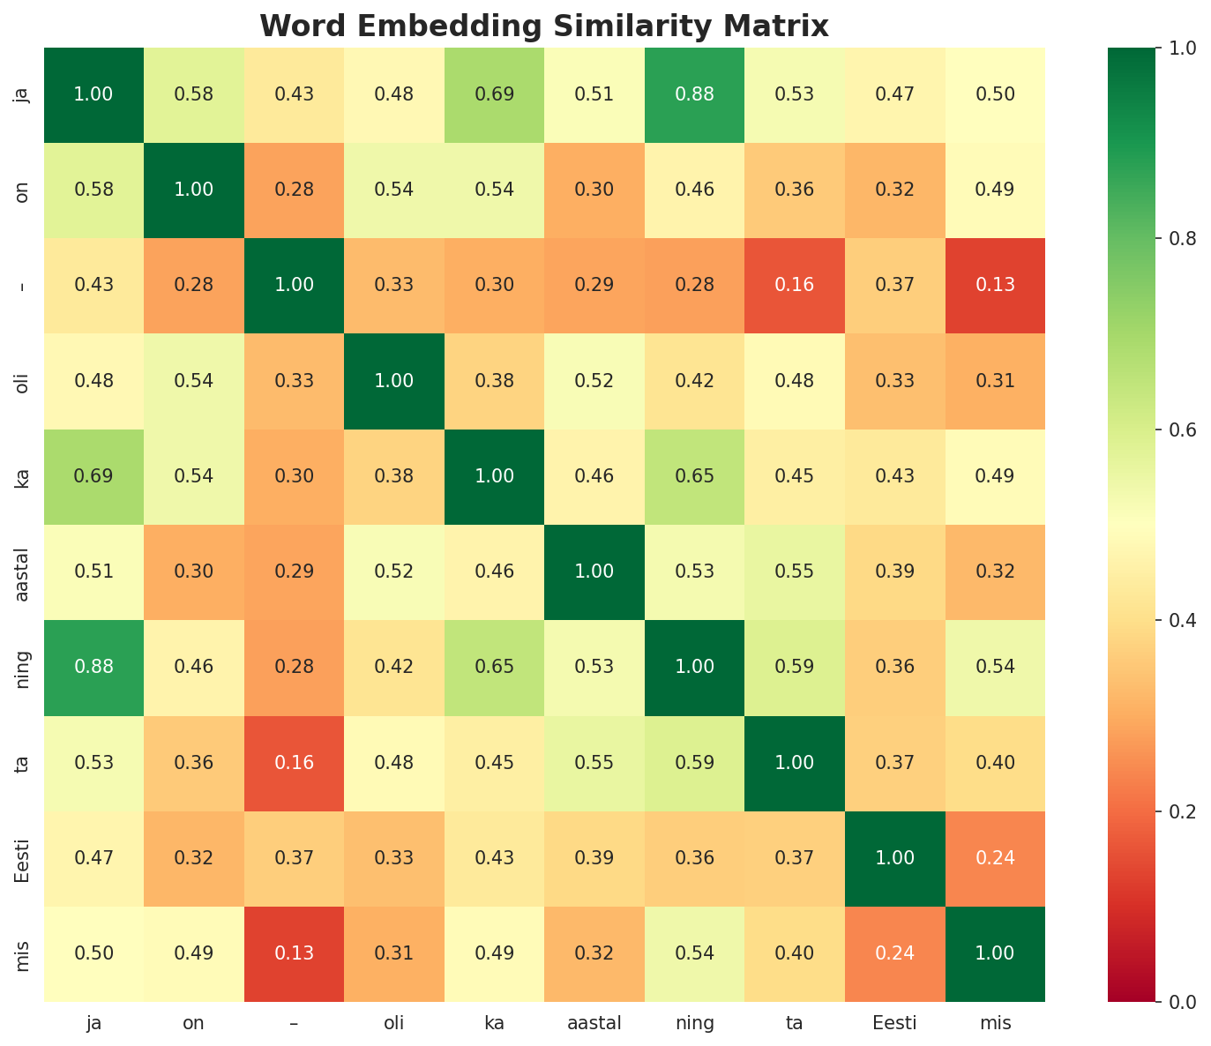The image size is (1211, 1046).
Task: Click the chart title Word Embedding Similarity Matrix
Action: [x=544, y=26]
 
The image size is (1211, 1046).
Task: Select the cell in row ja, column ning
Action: [x=694, y=94]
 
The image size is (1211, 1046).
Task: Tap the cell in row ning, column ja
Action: [x=93, y=667]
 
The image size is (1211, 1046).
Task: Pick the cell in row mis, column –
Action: [x=294, y=953]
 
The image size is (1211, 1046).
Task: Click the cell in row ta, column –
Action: [x=294, y=763]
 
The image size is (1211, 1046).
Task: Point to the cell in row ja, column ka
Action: [x=494, y=94]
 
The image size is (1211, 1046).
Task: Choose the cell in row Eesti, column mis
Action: [x=995, y=858]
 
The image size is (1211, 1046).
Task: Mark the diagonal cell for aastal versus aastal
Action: [x=594, y=572]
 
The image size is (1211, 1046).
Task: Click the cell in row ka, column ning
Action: [x=694, y=476]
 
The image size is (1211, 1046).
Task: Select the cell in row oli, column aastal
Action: [x=594, y=381]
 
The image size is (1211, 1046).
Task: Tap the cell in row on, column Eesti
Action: [x=895, y=190]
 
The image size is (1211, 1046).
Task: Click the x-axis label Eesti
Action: [x=895, y=1024]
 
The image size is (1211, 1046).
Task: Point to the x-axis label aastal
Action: [x=594, y=1024]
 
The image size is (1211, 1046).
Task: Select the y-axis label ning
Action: [x=24, y=667]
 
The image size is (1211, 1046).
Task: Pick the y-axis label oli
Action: [x=24, y=381]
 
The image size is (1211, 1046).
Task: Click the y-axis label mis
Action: [x=24, y=953]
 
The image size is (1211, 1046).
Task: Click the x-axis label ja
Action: [x=93, y=1024]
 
